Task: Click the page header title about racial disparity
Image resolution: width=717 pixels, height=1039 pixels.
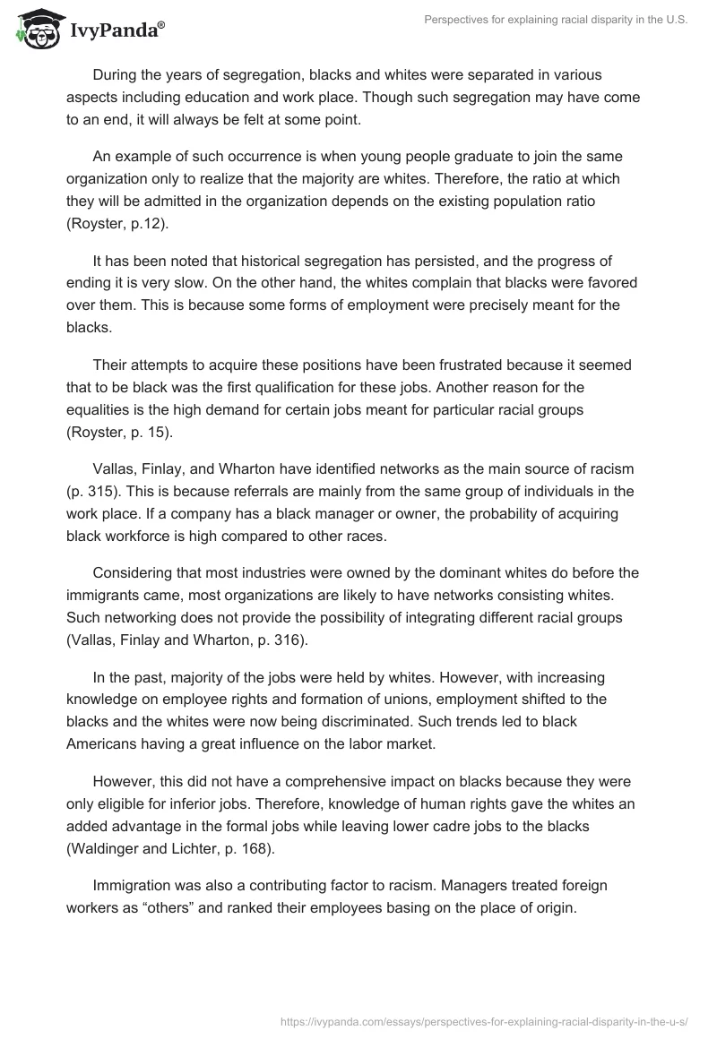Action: coord(545,22)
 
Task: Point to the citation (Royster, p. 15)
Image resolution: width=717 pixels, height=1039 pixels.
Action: coord(125,434)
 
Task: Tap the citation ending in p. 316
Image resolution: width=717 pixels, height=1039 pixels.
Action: coord(187,640)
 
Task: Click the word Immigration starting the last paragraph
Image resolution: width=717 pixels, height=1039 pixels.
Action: coord(133,885)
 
